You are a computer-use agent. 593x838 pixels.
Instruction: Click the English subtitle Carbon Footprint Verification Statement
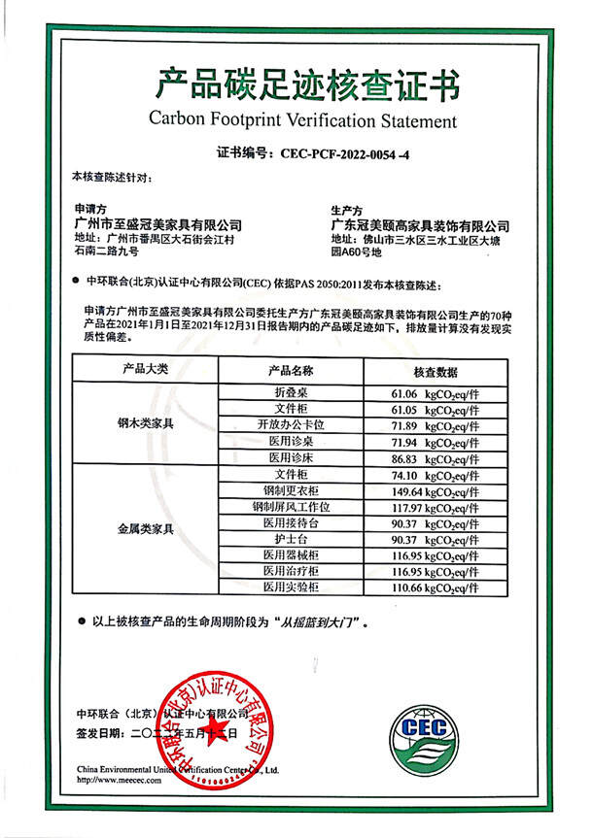[301, 121]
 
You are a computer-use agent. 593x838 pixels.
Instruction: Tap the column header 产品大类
[145, 370]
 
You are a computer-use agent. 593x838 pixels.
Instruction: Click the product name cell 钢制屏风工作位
[291, 507]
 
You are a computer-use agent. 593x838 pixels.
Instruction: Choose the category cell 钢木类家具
[145, 424]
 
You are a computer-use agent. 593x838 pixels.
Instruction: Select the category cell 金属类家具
[145, 528]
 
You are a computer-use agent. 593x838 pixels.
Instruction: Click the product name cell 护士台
[291, 539]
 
